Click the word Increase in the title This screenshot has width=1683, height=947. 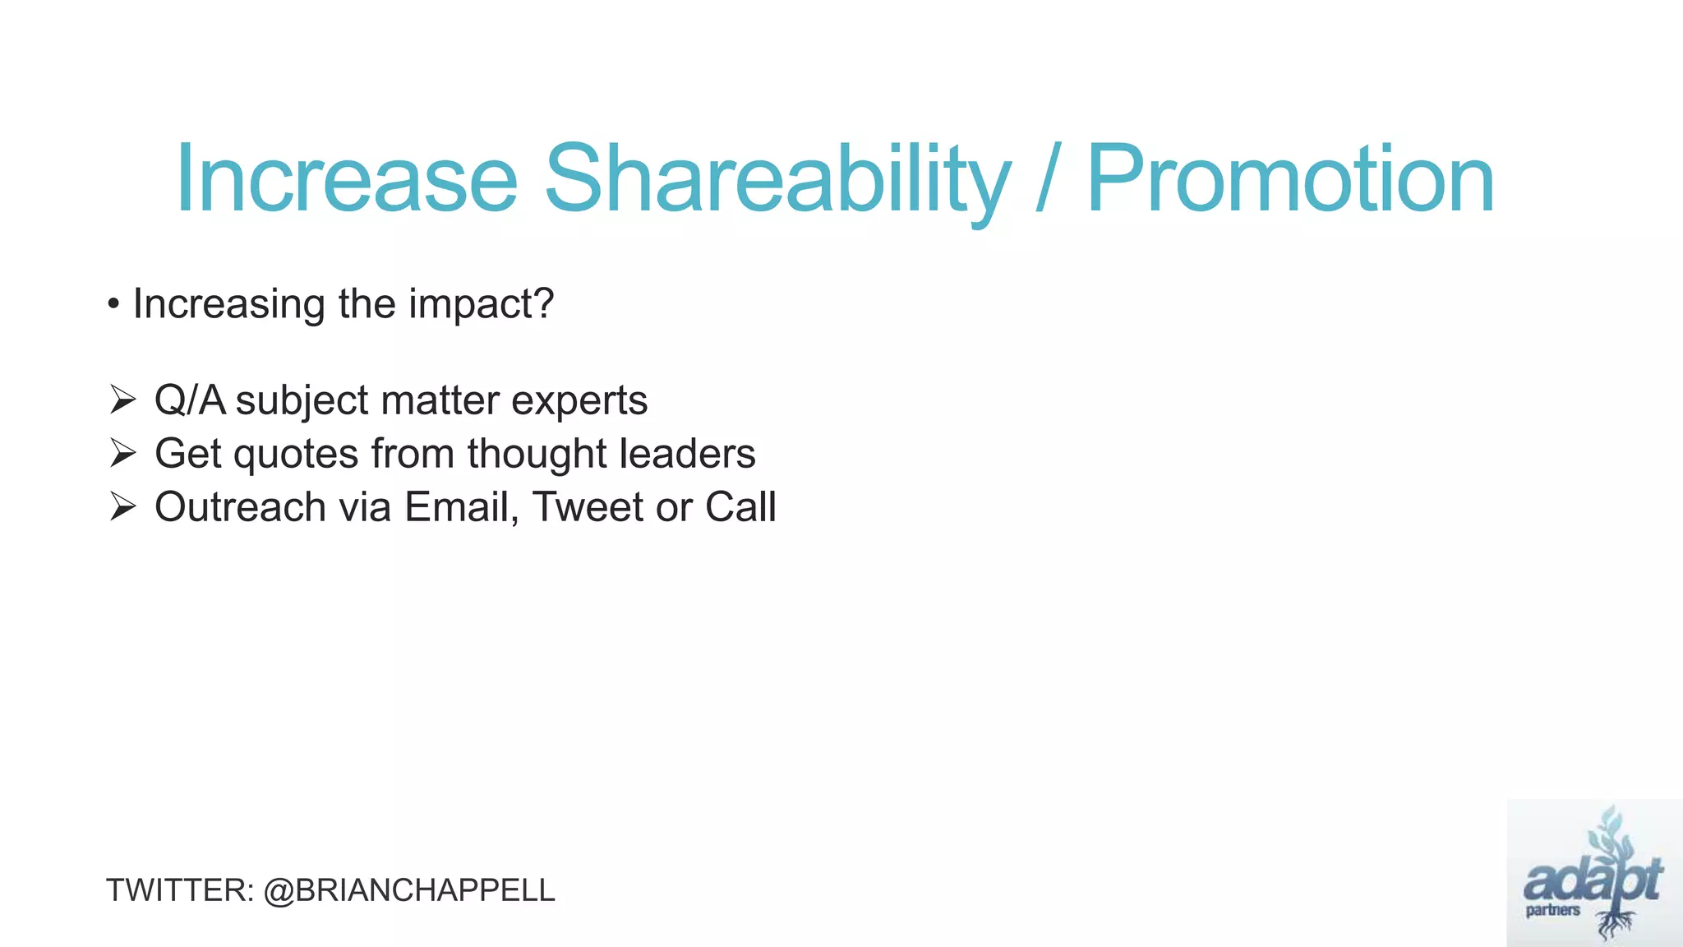346,179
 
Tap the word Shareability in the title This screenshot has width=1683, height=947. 776,179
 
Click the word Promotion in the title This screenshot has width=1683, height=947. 1290,179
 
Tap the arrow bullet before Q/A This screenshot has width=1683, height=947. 122,400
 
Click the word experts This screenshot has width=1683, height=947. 579,401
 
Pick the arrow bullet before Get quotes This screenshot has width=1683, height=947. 122,454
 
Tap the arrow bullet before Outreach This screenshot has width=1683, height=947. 122,507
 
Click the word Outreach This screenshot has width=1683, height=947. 240,507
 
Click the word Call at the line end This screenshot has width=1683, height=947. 740,507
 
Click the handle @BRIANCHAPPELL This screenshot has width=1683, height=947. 409,891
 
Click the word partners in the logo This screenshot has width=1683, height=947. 1552,910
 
